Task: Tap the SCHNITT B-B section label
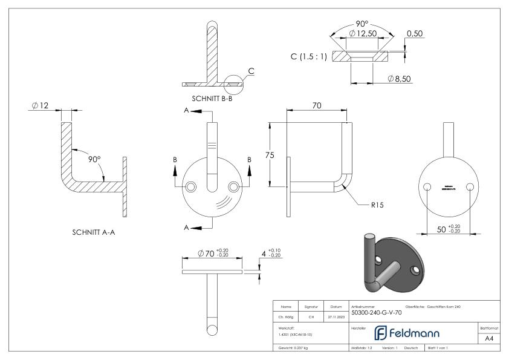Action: pyautogui.click(x=212, y=98)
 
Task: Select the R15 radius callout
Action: pyautogui.click(x=377, y=205)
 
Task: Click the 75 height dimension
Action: pyautogui.click(x=270, y=155)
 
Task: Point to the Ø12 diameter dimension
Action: pyautogui.click(x=41, y=106)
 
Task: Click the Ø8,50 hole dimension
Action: pyautogui.click(x=400, y=79)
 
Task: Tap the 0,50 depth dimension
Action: pyautogui.click(x=414, y=34)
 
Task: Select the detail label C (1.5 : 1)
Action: pyautogui.click(x=310, y=56)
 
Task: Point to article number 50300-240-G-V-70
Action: pyautogui.click(x=376, y=313)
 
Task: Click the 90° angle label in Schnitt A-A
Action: pyautogui.click(x=94, y=159)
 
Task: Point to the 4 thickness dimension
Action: pyautogui.click(x=264, y=252)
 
